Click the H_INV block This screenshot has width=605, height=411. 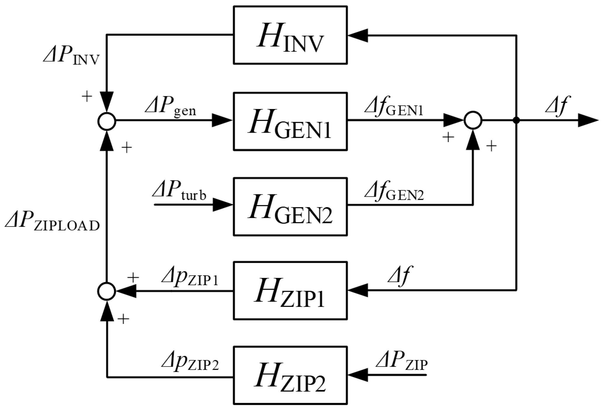coord(290,35)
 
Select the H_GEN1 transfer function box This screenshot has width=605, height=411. coord(290,121)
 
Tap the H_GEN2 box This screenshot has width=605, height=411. coord(290,206)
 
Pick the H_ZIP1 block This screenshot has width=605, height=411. coord(290,291)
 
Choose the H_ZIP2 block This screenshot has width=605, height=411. coord(290,375)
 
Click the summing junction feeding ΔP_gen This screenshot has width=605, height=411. coord(107,121)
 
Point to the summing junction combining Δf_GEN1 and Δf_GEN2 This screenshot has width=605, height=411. coord(473,120)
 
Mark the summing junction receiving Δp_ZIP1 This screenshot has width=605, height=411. coord(107,291)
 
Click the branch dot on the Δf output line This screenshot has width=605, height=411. coord(516,120)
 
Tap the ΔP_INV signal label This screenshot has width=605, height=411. coord(72,56)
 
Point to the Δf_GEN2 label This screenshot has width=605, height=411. coord(394,192)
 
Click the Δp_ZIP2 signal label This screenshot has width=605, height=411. coord(190,363)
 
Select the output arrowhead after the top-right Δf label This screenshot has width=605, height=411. coord(587,120)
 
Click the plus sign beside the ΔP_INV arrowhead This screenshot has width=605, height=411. coord(87,97)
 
